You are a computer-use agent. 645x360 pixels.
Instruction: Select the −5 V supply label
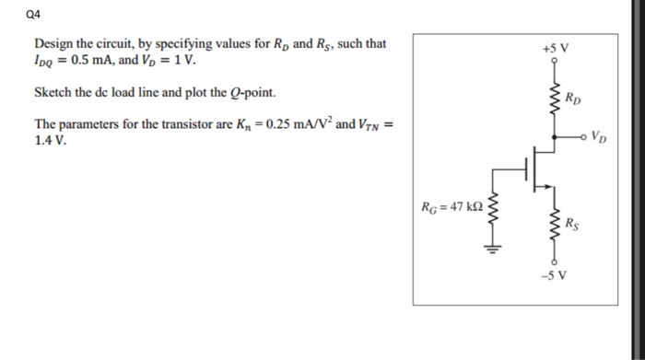click(x=555, y=275)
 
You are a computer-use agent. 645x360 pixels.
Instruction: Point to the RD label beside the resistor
click(x=573, y=97)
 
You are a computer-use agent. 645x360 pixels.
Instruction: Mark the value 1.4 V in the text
click(x=50, y=142)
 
